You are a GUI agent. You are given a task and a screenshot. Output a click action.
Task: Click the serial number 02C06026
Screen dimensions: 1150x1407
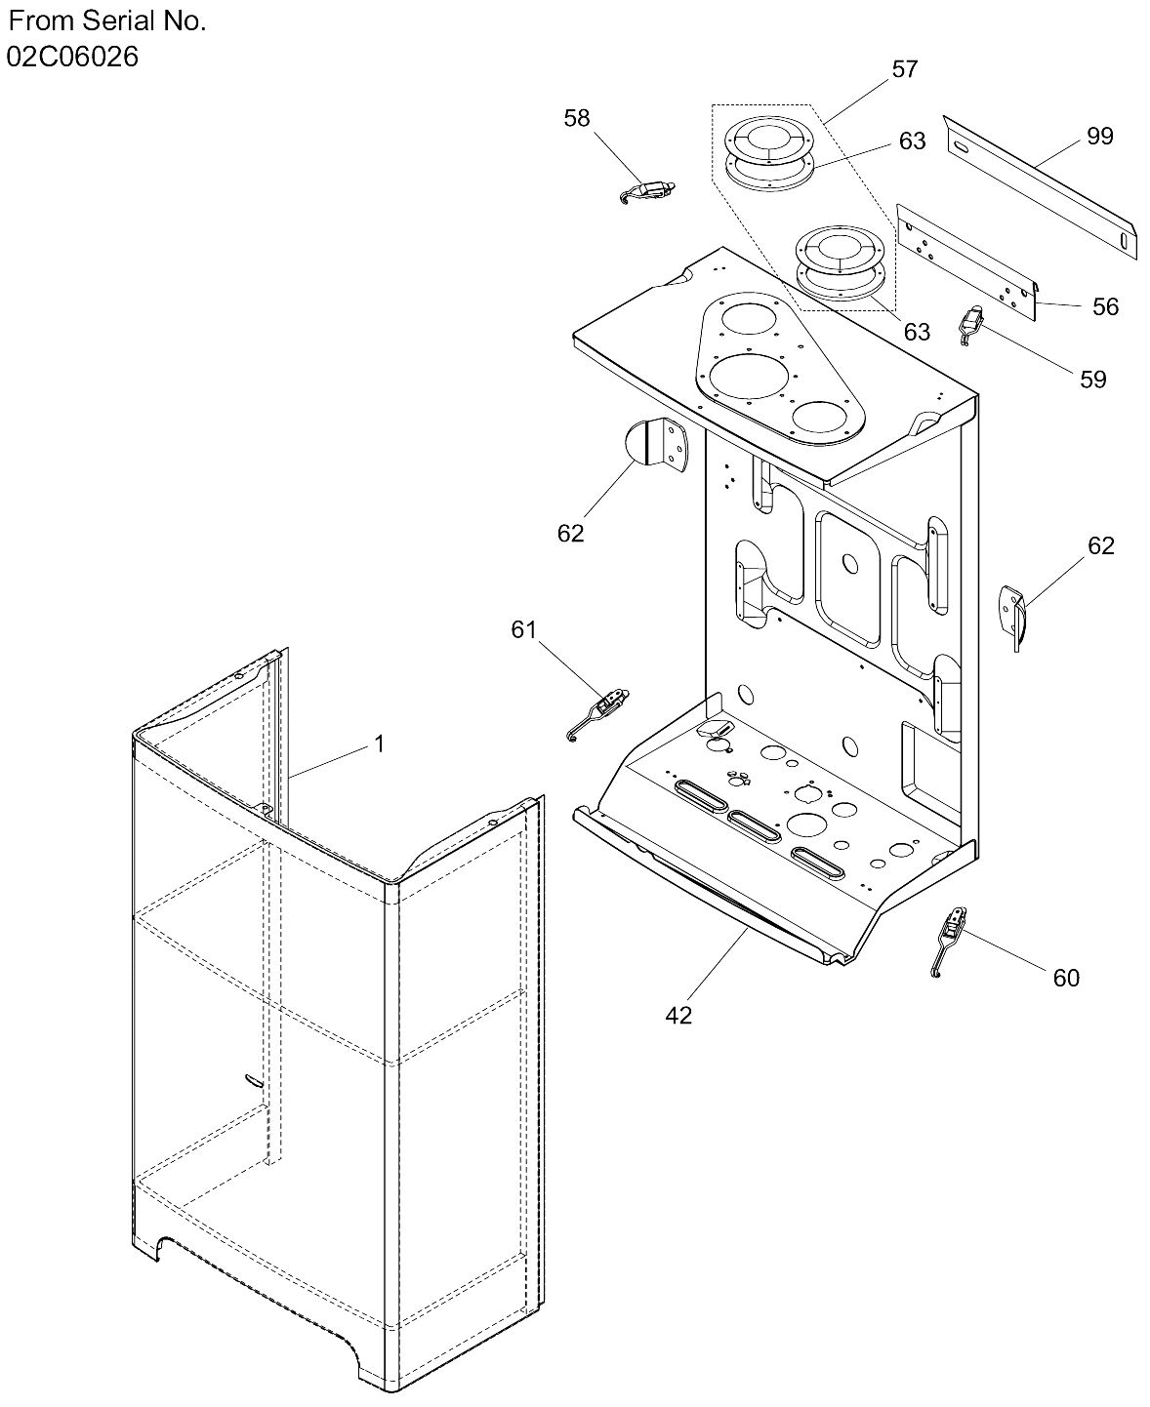(72, 57)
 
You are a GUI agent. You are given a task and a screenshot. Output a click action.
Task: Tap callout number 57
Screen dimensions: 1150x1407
(904, 68)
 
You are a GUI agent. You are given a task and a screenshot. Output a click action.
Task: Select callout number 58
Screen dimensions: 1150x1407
(577, 118)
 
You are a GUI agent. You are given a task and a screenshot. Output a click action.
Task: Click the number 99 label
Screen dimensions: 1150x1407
(1100, 136)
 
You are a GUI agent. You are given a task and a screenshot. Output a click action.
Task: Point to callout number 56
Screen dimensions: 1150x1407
(1105, 307)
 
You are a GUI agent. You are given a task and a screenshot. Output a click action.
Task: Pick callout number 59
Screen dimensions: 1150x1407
(1093, 380)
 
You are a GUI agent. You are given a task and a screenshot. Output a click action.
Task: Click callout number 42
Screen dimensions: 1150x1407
(678, 1016)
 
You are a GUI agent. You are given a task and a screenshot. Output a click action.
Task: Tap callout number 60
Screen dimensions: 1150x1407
(1066, 978)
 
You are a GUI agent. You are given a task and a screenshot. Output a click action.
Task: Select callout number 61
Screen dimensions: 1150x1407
(524, 629)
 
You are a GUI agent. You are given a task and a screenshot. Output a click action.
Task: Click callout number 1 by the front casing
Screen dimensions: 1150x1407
(379, 744)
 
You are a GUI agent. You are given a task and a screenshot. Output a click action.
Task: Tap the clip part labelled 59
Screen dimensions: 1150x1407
(971, 326)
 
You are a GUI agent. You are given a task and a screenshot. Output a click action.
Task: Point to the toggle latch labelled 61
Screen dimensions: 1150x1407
(598, 714)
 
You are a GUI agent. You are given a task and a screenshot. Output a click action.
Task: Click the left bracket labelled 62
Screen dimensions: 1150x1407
(657, 444)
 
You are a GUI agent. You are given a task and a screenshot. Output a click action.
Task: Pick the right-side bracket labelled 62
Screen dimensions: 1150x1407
(1012, 616)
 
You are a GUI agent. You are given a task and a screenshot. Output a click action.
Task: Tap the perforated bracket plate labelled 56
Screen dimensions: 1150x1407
(967, 261)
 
